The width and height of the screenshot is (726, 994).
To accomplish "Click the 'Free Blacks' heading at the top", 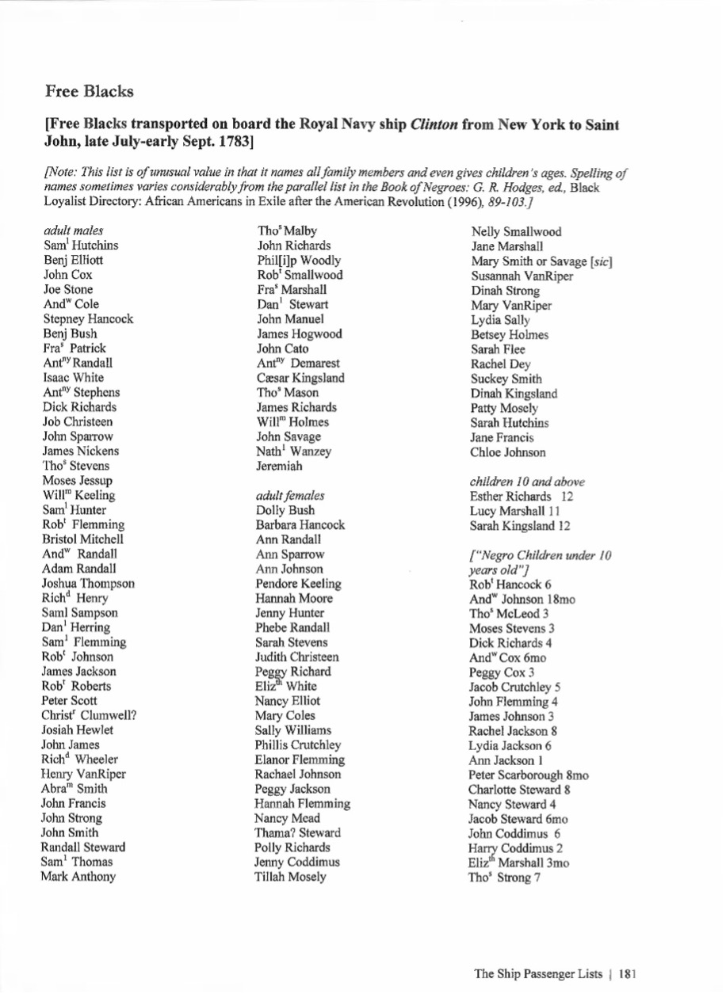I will click(x=89, y=91).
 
